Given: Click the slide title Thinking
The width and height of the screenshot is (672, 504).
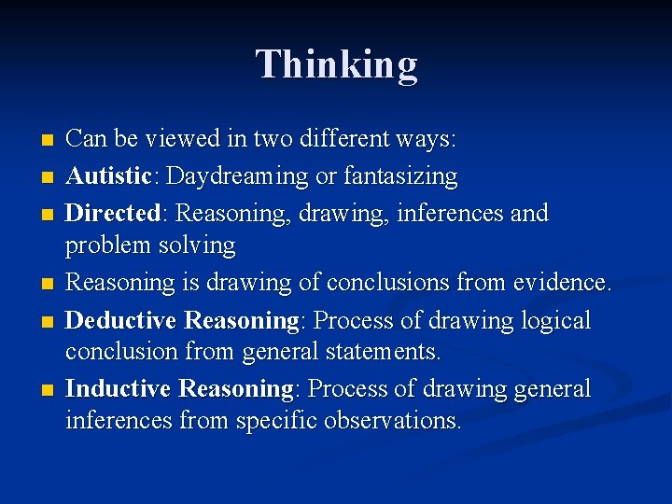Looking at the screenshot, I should (337, 64).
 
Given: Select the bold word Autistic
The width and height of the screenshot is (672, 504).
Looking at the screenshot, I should (107, 176).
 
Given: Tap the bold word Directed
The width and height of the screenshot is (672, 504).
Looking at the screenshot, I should (112, 213).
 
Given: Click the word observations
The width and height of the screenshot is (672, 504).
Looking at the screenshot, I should (393, 420).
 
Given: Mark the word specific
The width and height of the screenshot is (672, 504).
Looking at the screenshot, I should (277, 420).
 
